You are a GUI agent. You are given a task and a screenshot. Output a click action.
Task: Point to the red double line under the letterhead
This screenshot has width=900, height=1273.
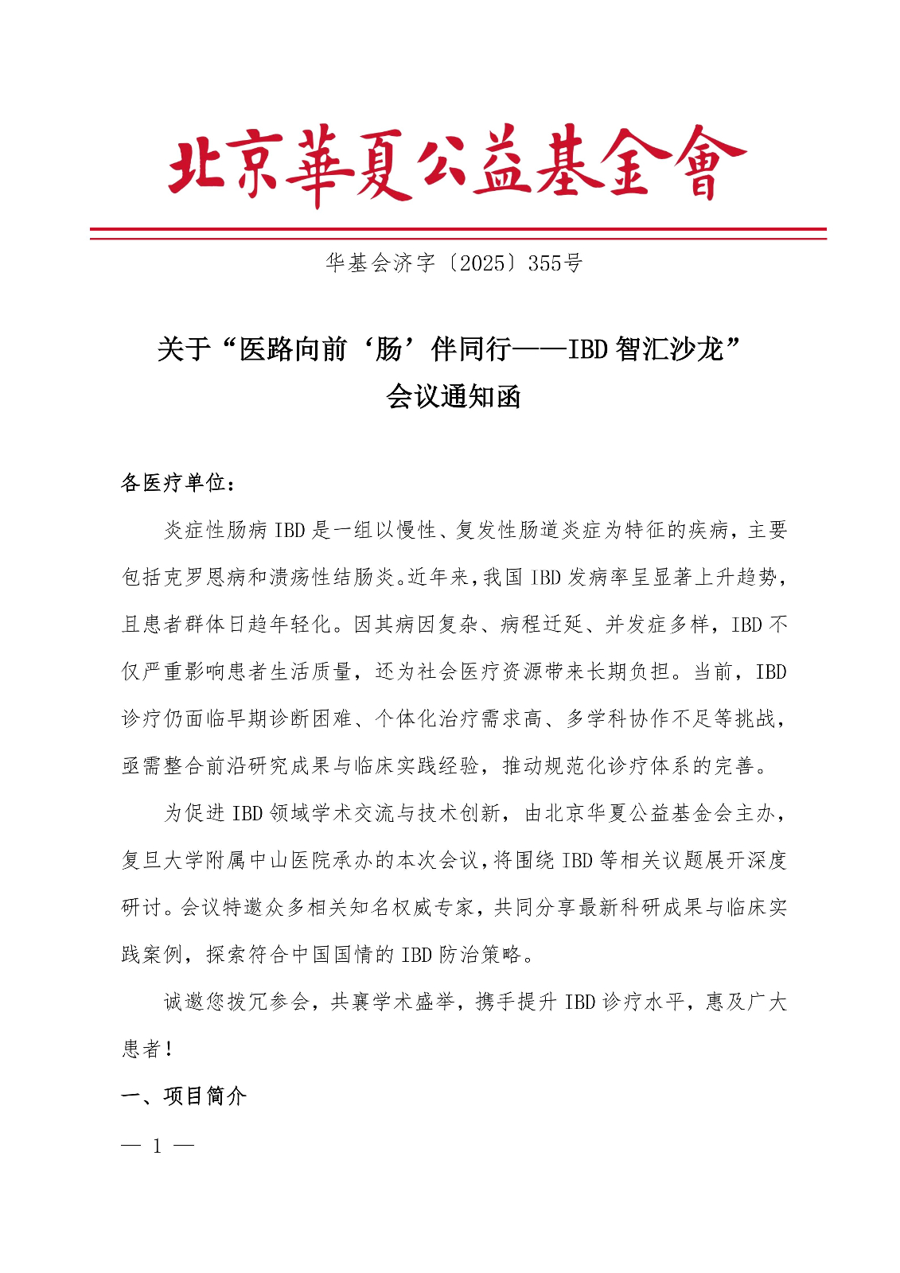(x=458, y=233)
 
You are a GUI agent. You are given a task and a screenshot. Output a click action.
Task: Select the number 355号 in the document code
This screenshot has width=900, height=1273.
(x=555, y=263)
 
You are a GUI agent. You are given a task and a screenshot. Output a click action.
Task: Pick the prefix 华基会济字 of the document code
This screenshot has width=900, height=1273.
(x=380, y=263)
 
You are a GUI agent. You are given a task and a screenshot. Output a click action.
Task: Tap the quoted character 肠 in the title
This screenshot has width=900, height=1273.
(x=389, y=349)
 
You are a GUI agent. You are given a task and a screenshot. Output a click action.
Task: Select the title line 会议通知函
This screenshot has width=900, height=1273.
(x=453, y=395)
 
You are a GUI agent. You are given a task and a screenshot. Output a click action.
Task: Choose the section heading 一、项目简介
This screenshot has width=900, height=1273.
(x=184, y=1096)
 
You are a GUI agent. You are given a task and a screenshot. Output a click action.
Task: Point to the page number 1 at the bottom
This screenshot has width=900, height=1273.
(x=158, y=1146)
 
